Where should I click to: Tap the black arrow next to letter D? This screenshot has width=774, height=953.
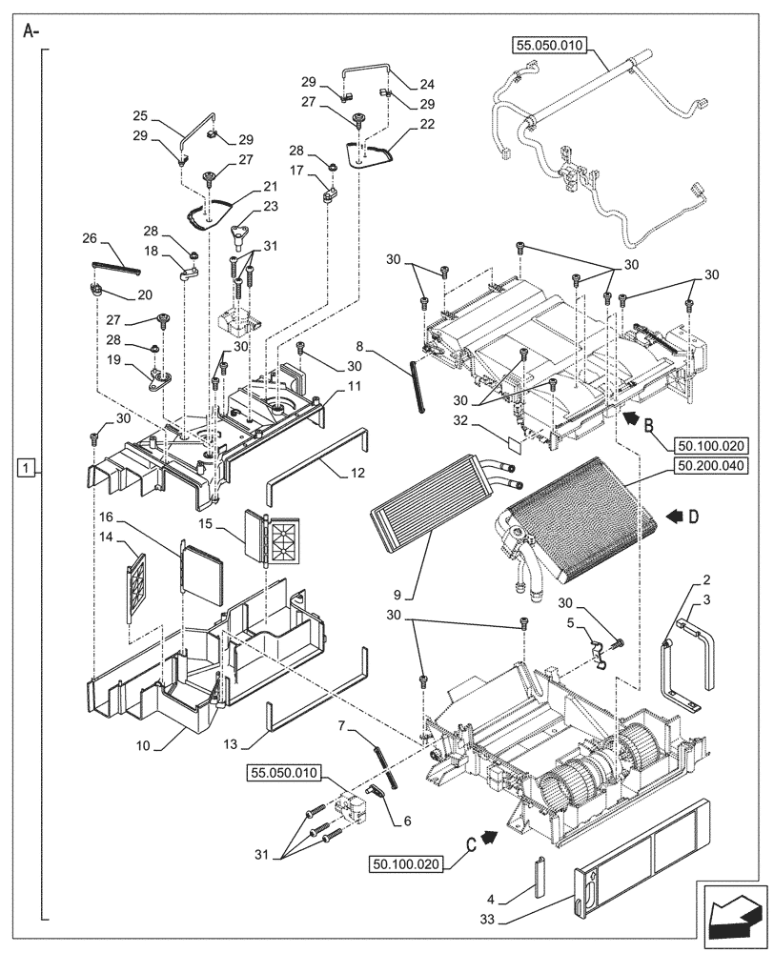(675, 516)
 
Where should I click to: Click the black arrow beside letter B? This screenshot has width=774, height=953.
(630, 416)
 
